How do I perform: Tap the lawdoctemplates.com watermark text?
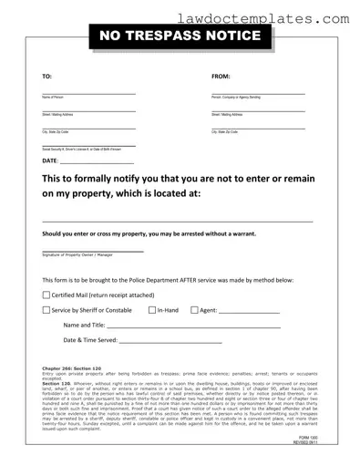[x=290, y=17]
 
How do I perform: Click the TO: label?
[x=47, y=78]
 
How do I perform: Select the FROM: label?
[x=221, y=78]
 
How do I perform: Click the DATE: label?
[x=51, y=161]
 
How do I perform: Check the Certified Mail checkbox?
[x=47, y=295]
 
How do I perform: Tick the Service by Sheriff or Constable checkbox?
[x=47, y=310]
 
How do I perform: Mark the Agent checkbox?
[x=193, y=310]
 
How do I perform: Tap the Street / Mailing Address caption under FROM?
[x=227, y=114]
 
